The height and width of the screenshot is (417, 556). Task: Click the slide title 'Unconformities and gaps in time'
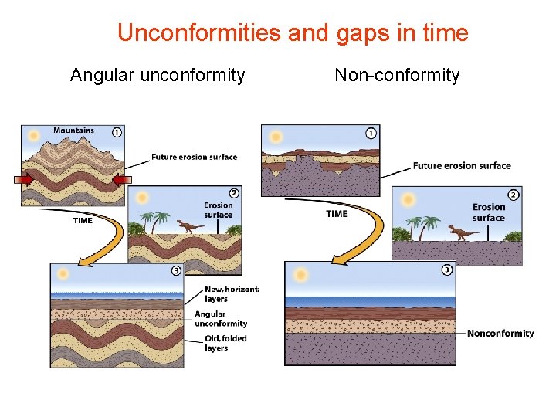click(293, 33)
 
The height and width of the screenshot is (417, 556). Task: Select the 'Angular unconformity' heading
click(158, 75)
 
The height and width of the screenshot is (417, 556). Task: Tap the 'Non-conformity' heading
click(397, 75)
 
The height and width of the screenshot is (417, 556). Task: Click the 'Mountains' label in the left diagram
click(73, 131)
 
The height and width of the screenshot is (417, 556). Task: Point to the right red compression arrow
click(119, 180)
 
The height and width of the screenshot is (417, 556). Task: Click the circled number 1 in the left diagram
click(117, 132)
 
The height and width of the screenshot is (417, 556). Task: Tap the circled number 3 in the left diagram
click(176, 271)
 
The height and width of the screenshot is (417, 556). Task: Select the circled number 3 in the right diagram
click(447, 270)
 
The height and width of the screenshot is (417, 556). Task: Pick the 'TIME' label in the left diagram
click(83, 220)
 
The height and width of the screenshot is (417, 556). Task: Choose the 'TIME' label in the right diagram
click(337, 214)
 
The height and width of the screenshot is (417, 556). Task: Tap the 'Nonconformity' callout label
click(500, 334)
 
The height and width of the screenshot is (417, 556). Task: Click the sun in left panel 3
click(63, 274)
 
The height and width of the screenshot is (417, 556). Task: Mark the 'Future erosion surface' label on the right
click(462, 165)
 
